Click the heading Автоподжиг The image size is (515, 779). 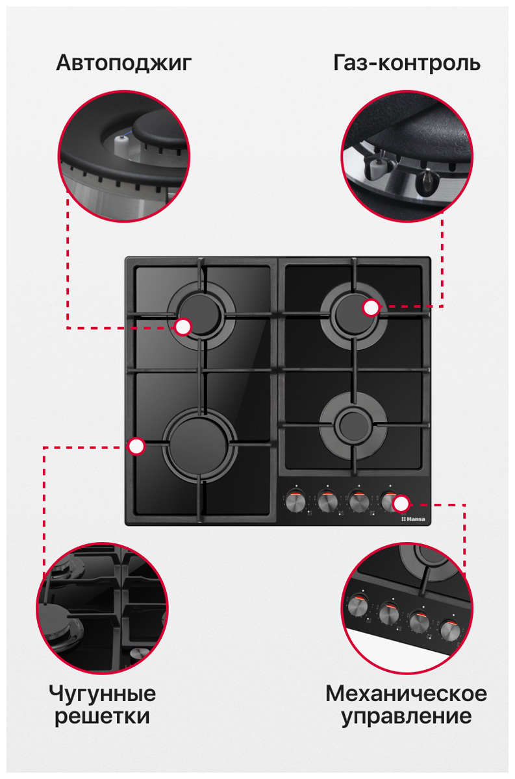click(x=124, y=64)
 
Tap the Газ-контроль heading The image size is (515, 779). click(x=407, y=63)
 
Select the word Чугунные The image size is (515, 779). click(x=103, y=694)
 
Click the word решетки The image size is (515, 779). click(x=103, y=717)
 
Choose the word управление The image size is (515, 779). click(x=407, y=717)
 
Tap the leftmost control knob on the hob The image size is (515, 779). click(x=296, y=502)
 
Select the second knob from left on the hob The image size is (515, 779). click(x=327, y=502)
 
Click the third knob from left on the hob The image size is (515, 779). click(x=358, y=502)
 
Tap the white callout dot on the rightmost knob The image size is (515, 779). click(x=401, y=504)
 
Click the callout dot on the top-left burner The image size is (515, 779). click(x=183, y=327)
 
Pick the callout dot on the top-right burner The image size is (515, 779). click(x=371, y=308)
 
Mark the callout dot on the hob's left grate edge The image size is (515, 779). click(x=136, y=447)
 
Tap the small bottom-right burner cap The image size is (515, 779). click(x=353, y=426)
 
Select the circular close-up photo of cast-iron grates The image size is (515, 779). click(x=103, y=608)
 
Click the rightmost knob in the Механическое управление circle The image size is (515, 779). click(x=450, y=630)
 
